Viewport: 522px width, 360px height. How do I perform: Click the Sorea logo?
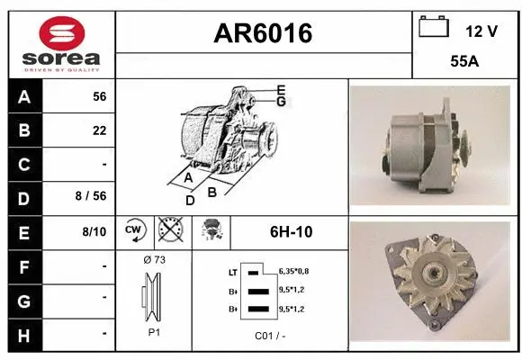tap(61, 43)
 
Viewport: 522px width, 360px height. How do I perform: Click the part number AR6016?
tap(263, 33)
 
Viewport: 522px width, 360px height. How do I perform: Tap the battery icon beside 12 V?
tap(434, 28)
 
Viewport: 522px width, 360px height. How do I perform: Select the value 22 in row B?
tap(100, 131)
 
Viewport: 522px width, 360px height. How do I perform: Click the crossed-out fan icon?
tap(169, 231)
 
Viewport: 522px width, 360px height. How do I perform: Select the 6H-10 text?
tap(291, 232)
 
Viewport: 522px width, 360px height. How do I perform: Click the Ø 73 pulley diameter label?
tap(154, 260)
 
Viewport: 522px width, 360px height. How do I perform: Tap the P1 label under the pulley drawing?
tap(154, 332)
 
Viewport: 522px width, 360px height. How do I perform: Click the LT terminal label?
tap(232, 271)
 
